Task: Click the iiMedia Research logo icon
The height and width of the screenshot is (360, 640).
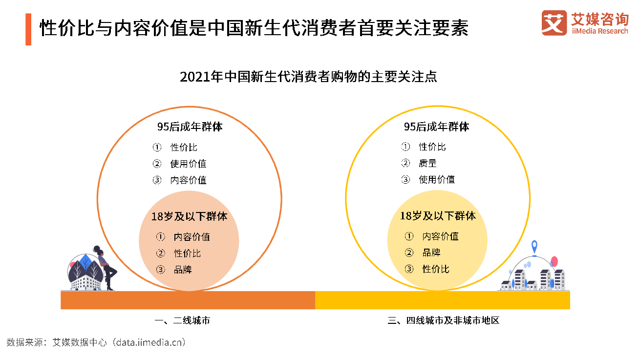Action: pos(554,23)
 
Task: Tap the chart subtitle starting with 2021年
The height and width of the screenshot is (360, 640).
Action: pos(308,77)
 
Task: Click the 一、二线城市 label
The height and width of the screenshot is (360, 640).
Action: pos(182,321)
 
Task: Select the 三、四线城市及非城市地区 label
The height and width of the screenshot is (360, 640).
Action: pos(443,321)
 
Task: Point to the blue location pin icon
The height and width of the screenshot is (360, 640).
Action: pos(534,247)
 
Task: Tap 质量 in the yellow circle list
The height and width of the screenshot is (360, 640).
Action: pos(427,163)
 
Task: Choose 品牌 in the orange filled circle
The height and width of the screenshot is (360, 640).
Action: pos(183,270)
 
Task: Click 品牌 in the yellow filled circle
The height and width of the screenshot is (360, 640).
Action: pos(431,253)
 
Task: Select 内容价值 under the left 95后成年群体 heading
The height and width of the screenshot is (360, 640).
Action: pos(188,180)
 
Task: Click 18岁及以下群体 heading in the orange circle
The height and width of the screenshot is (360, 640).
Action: pos(189,216)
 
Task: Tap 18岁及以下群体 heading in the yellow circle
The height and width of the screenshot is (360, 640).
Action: pos(438,216)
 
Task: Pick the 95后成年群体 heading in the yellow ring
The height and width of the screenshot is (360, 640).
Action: pos(437,127)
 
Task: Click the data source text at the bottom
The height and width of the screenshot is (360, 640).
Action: pos(96,342)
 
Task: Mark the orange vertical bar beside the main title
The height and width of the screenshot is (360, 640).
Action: pos(28,29)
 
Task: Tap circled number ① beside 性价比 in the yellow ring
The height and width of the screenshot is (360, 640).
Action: pos(405,147)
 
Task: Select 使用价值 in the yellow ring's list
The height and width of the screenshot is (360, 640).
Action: pos(437,180)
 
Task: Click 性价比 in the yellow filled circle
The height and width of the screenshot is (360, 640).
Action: pos(436,269)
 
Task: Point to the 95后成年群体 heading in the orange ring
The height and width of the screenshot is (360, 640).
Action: pos(190,127)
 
